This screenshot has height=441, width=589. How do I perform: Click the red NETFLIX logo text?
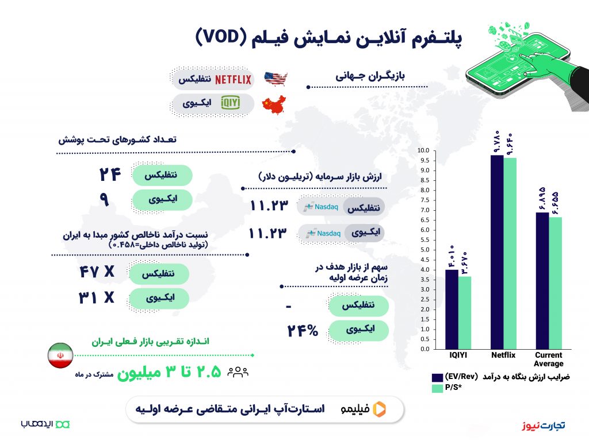[233, 79]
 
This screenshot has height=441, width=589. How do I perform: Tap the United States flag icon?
[276, 79]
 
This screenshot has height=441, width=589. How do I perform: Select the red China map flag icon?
[274, 104]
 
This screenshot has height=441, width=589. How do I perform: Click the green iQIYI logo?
[230, 103]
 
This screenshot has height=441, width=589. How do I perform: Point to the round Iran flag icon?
[60, 355]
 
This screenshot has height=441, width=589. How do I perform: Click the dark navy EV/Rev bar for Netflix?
[497, 252]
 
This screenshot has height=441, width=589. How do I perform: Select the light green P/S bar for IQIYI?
[465, 313]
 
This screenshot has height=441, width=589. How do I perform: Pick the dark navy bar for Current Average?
[542, 281]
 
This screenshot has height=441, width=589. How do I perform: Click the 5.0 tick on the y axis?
[424, 250]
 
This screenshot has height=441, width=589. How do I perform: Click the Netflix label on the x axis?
[503, 355]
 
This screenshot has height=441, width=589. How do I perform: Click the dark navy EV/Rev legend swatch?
[437, 377]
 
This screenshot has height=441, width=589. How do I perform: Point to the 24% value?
[303, 330]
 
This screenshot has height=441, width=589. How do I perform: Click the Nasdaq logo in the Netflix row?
[321, 207]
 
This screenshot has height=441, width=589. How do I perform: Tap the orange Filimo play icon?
[380, 409]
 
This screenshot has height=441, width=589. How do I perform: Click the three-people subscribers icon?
[238, 372]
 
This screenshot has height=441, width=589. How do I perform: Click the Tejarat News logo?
[543, 425]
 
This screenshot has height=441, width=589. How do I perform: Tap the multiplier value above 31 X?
[97, 271]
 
